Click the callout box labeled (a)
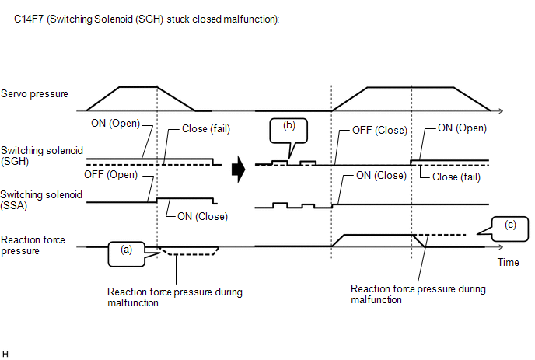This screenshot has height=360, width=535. click(x=126, y=250)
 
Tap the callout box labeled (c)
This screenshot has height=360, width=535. click(x=509, y=226)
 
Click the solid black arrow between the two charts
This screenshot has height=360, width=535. click(x=239, y=166)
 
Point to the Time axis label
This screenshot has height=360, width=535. click(x=508, y=263)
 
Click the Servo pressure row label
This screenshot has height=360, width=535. click(x=35, y=94)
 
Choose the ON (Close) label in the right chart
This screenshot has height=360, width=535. click(x=381, y=176)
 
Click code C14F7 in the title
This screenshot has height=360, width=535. click(x=30, y=19)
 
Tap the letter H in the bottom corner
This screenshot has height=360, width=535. click(x=6, y=354)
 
